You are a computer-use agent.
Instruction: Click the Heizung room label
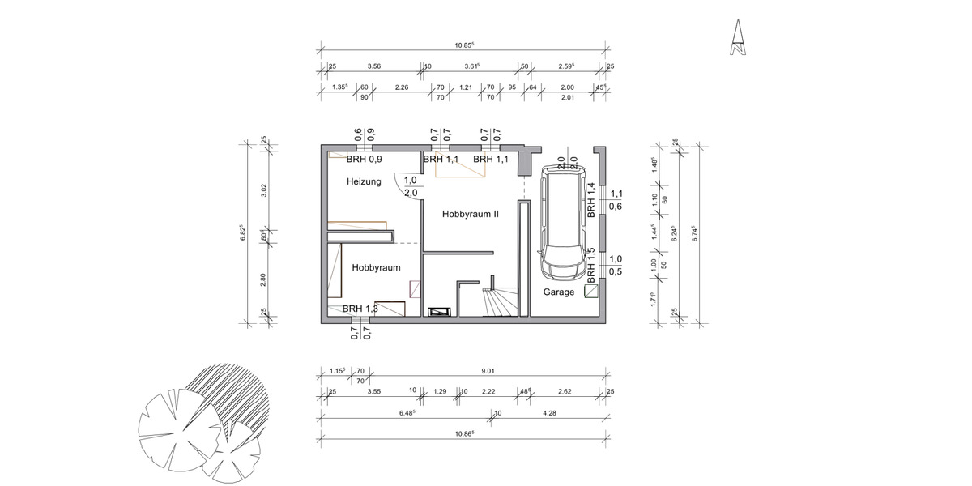pos(364,182)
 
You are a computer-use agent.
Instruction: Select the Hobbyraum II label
pos(470,215)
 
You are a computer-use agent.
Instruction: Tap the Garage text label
pos(559,292)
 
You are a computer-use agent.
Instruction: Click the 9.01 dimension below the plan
pos(488,372)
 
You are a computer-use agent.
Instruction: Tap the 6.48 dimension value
pos(407,413)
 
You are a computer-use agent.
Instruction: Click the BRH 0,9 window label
pos(362,160)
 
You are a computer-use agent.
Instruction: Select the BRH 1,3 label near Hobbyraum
pos(360,309)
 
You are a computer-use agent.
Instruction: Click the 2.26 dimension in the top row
pos(401,87)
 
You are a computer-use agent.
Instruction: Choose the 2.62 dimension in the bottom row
pos(565,392)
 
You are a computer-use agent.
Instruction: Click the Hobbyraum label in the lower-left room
pos(376,266)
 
